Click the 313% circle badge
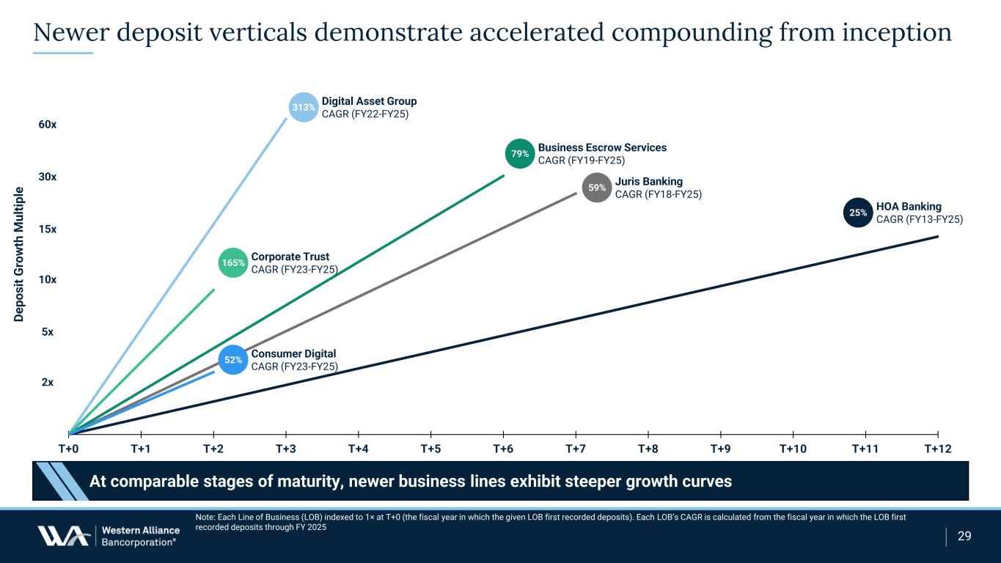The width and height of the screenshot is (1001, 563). click(x=304, y=107)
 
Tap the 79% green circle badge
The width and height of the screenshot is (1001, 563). click(x=520, y=154)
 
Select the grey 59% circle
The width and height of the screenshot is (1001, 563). click(x=597, y=188)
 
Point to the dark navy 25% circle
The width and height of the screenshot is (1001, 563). click(x=858, y=213)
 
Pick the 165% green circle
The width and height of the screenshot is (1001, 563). click(x=232, y=262)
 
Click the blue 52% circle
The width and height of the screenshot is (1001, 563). click(x=232, y=360)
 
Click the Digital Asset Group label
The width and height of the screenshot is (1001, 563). click(x=369, y=101)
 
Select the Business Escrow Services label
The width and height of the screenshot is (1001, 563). click(x=602, y=147)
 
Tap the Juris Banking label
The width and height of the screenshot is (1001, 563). click(x=649, y=181)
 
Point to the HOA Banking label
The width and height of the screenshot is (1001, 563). click(x=909, y=207)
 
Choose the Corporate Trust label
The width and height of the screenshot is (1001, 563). click(x=290, y=257)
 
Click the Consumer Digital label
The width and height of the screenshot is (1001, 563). click(x=293, y=354)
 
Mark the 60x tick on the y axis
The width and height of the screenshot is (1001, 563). click(x=48, y=125)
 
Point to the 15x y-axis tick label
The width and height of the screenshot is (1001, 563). click(x=48, y=229)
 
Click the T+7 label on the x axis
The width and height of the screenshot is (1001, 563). click(x=576, y=449)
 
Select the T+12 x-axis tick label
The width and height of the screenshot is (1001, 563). click(x=937, y=449)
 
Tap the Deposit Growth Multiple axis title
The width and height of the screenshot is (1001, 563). click(x=18, y=254)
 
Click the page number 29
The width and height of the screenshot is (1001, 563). click(x=964, y=536)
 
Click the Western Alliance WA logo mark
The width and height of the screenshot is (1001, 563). click(x=63, y=536)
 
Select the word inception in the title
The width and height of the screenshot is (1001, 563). click(x=897, y=32)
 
